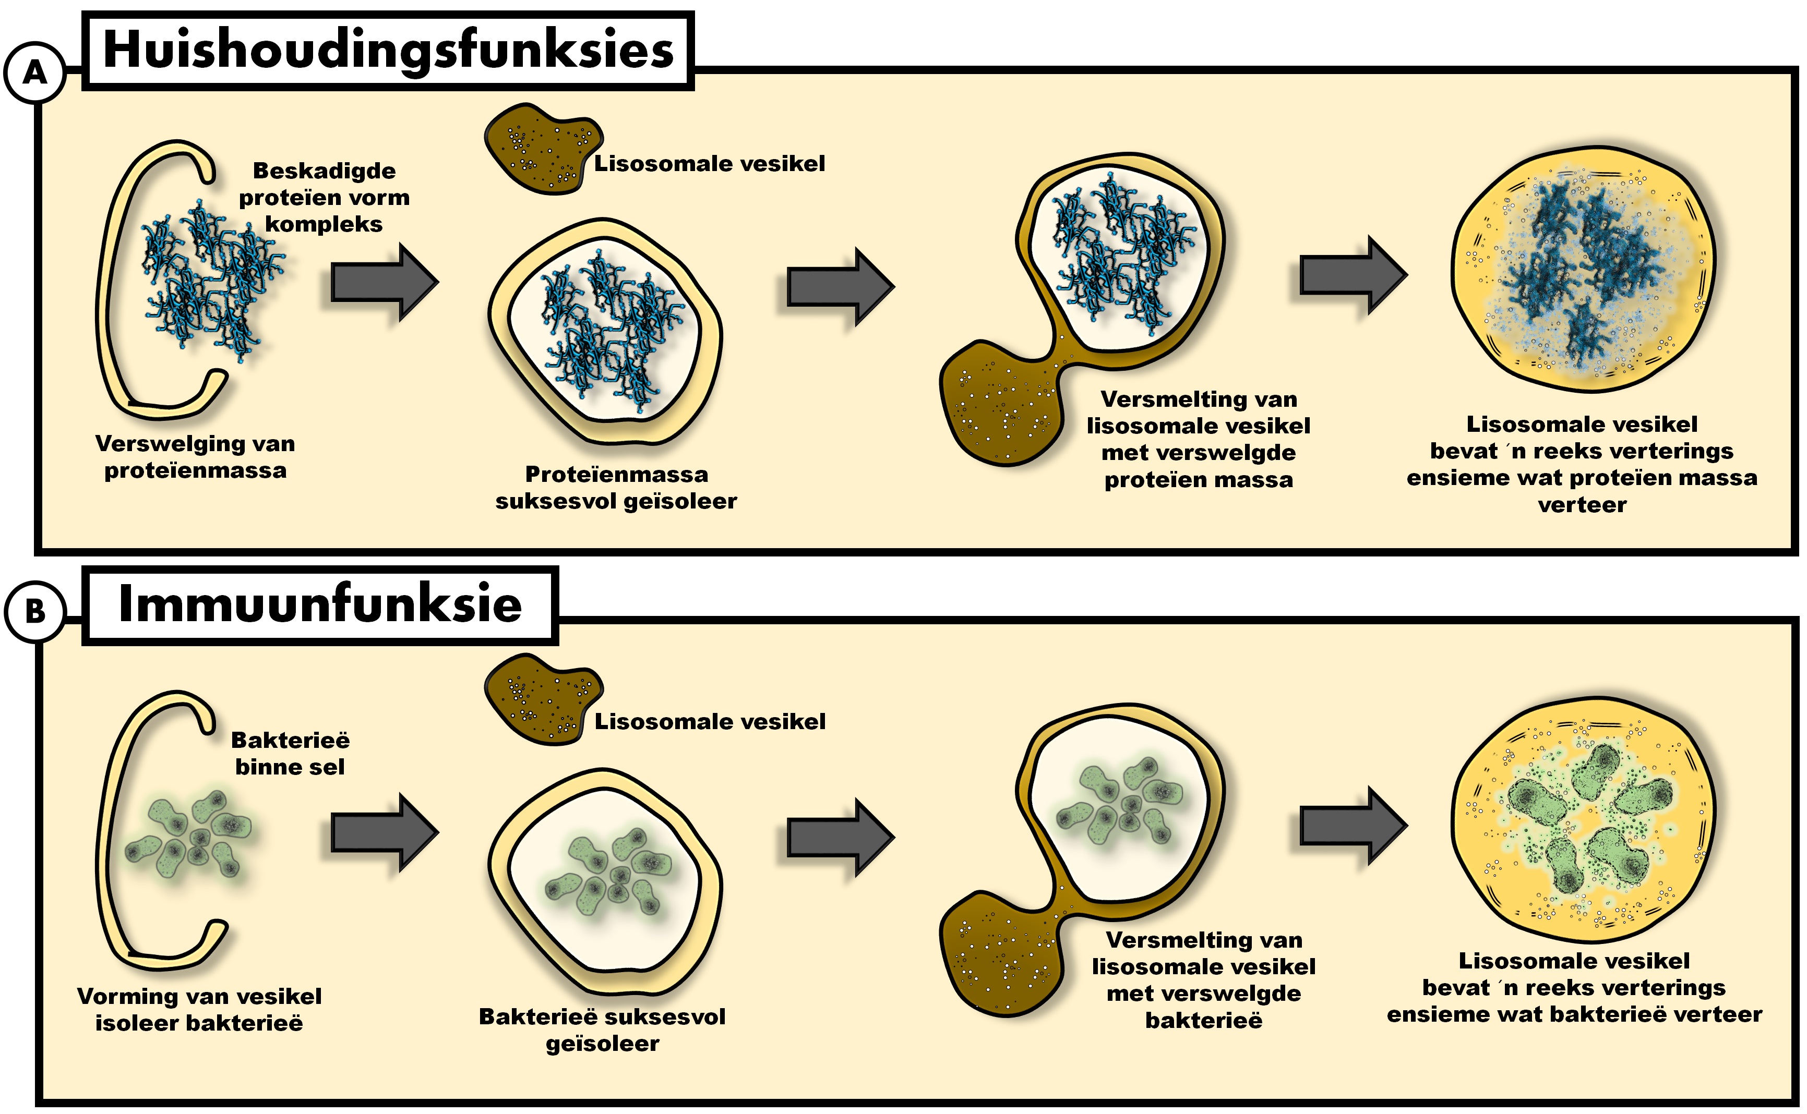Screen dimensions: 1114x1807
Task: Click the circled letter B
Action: (x=34, y=611)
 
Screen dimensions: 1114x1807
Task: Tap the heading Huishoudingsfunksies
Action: (x=388, y=50)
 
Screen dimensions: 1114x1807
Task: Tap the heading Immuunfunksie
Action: (x=320, y=604)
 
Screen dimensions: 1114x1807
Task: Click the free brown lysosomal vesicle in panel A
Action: (x=542, y=148)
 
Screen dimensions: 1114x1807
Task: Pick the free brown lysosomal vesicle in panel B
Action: (x=542, y=698)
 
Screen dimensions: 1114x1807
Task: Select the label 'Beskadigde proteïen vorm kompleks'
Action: (x=324, y=198)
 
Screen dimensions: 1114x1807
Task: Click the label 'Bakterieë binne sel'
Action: (x=290, y=753)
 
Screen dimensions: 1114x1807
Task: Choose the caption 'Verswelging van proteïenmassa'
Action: (x=195, y=457)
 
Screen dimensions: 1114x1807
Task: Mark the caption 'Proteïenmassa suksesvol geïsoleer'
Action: (x=616, y=488)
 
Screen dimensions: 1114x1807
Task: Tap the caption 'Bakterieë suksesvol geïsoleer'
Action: (x=602, y=1030)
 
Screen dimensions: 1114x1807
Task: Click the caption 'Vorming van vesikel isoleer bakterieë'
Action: (x=199, y=1009)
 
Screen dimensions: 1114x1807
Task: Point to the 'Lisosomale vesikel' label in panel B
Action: (x=710, y=721)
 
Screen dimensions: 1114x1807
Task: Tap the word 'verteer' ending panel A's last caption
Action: (x=1582, y=505)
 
